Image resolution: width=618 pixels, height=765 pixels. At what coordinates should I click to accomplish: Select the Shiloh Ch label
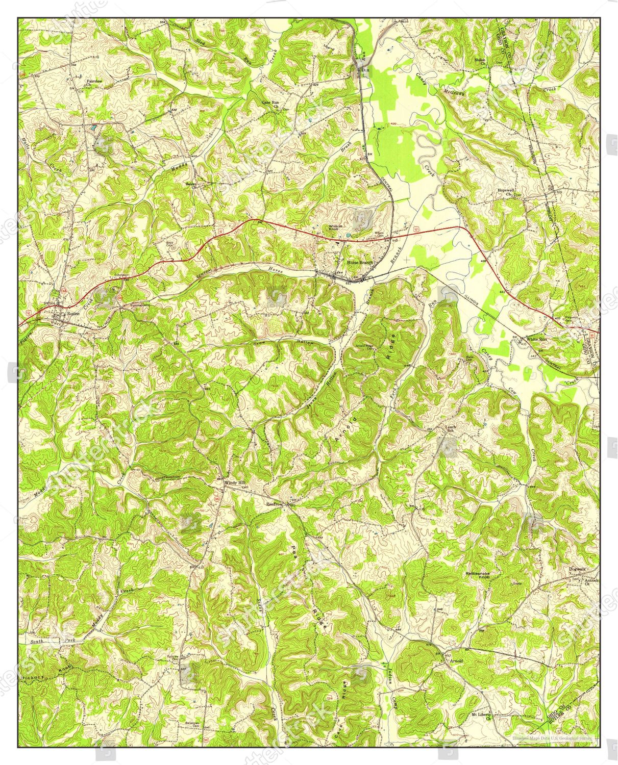pos(480,62)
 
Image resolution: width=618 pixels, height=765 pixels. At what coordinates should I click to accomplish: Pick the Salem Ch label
pos(191,185)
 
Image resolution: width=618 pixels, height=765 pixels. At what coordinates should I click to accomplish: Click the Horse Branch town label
pos(360,263)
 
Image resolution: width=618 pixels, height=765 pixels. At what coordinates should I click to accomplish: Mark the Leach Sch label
pos(450,429)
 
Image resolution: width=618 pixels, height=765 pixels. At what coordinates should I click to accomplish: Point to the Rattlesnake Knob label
pos(477,576)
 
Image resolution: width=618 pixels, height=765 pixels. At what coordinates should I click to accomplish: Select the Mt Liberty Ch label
pos(481,715)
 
